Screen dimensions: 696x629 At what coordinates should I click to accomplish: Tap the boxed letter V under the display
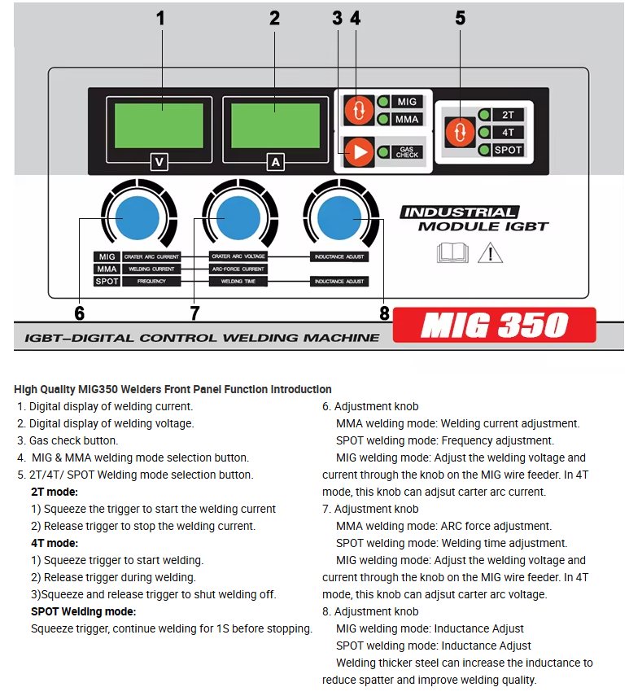pos(159,162)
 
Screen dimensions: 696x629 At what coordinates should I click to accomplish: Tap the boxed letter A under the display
pos(276,162)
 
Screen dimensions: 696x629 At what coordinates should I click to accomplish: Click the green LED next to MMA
pos(382,120)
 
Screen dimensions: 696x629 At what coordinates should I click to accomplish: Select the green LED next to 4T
pos(484,132)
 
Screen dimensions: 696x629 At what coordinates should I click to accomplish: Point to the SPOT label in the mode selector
pos(509,150)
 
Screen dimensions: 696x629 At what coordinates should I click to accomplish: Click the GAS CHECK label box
pos(408,151)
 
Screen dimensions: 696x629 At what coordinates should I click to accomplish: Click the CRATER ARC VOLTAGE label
pos(238,256)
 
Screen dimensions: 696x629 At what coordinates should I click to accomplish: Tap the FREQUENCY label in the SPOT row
pos(151,282)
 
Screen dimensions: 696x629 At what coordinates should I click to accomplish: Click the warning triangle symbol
pos(490,252)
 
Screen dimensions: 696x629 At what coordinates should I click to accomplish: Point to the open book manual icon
pos(453,253)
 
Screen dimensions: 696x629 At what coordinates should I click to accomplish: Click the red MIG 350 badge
pos(494,326)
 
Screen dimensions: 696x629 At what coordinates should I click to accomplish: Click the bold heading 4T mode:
pos(55,543)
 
